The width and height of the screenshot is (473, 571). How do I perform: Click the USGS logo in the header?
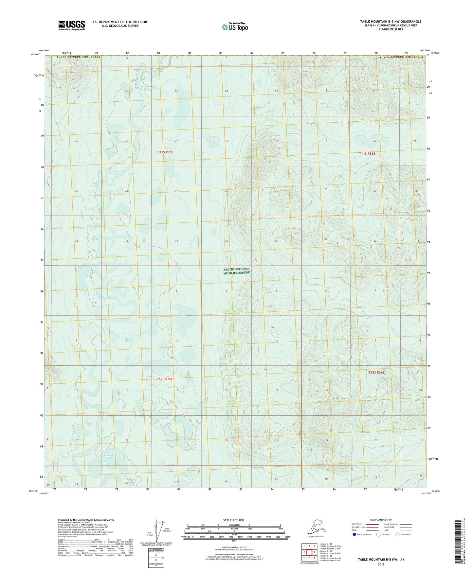pos(71,25)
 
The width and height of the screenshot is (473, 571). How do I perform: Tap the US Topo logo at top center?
pos(234,27)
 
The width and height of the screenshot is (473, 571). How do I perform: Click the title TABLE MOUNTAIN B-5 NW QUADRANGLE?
pos(391,22)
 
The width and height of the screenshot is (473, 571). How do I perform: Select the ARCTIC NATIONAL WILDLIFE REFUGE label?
pos(236,271)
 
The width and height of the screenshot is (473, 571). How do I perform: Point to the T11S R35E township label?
pos(165,152)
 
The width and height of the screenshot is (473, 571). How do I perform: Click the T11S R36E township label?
pos(367,153)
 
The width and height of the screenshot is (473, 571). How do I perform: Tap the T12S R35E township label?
pos(165,379)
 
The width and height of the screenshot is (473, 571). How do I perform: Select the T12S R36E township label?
pos(376,372)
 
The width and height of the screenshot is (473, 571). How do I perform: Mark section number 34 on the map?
pos(176,241)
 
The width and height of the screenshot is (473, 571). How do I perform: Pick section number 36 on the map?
pos(276,241)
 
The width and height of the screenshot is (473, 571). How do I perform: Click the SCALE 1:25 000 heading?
pos(234,520)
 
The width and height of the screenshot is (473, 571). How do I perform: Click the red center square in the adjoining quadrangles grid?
pos(309,552)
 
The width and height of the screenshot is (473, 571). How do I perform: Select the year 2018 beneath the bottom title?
pos(381,564)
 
